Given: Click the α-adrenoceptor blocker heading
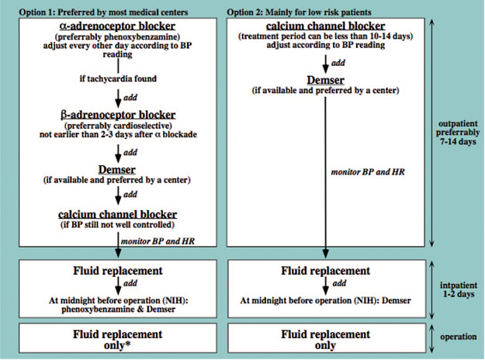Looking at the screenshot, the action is tap(117, 26).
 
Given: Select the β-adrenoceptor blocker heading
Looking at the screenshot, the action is tap(118, 115).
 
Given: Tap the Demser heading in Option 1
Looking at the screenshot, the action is tap(117, 169).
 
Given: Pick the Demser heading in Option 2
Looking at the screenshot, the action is tap(325, 80).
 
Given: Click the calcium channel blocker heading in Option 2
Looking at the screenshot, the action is tap(325, 26).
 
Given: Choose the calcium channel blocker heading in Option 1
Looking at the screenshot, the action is tap(117, 214).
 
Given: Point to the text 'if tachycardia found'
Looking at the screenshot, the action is tap(118, 78).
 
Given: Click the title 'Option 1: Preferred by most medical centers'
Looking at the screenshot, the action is tap(103, 12).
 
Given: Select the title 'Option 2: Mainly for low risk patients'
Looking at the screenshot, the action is tap(299, 12).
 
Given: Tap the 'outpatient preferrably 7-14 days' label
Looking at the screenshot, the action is tap(458, 133).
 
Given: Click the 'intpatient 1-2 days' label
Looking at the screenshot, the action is tap(459, 289).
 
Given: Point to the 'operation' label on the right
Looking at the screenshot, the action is tap(459, 337).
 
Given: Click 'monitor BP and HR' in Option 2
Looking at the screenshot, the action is tap(368, 172).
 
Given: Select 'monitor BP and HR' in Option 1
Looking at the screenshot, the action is tap(158, 241).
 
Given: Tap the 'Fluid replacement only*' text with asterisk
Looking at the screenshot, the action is tap(117, 340).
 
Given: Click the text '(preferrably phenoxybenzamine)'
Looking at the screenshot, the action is tap(117, 36).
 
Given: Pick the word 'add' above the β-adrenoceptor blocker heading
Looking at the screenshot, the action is tap(130, 98).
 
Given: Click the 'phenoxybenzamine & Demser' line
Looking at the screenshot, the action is tap(118, 310).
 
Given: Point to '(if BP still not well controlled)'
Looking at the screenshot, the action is tap(117, 224).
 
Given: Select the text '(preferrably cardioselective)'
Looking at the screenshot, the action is tap(118, 126).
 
